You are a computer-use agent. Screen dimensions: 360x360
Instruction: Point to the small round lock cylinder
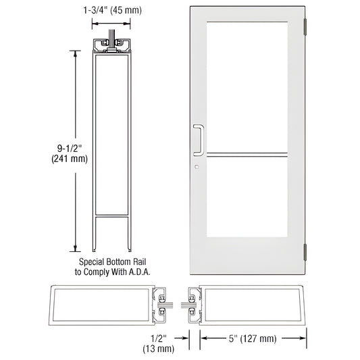coord(195,166)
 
